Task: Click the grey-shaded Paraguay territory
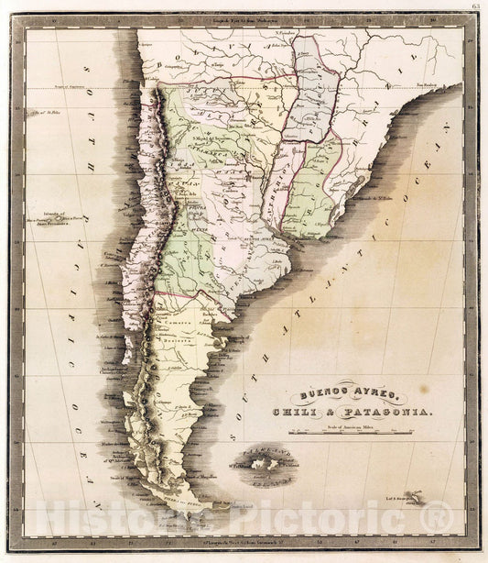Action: click(x=314, y=92)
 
